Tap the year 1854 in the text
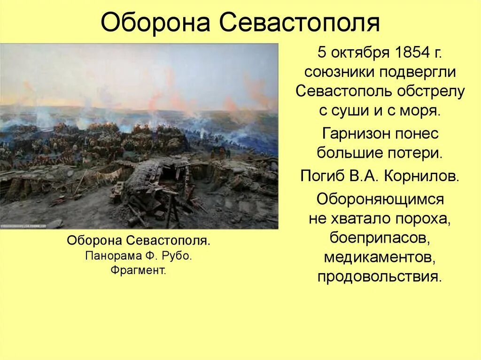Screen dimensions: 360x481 pos(407,52)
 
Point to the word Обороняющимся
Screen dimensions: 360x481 pos(380,199)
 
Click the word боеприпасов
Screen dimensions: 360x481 pos(380,238)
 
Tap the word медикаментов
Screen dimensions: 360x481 pos(380,257)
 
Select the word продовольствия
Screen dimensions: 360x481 pos(380,276)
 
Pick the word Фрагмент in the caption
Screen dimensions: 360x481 pos(139,270)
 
